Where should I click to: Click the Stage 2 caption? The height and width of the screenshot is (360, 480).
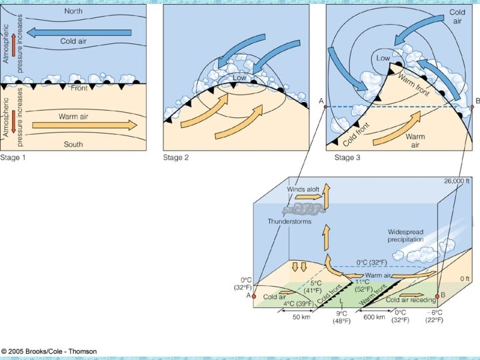177,158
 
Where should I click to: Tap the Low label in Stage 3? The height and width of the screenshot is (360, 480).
383,59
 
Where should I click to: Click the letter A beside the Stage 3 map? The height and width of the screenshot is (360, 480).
322,101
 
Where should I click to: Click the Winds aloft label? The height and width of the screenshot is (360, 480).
303,189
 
